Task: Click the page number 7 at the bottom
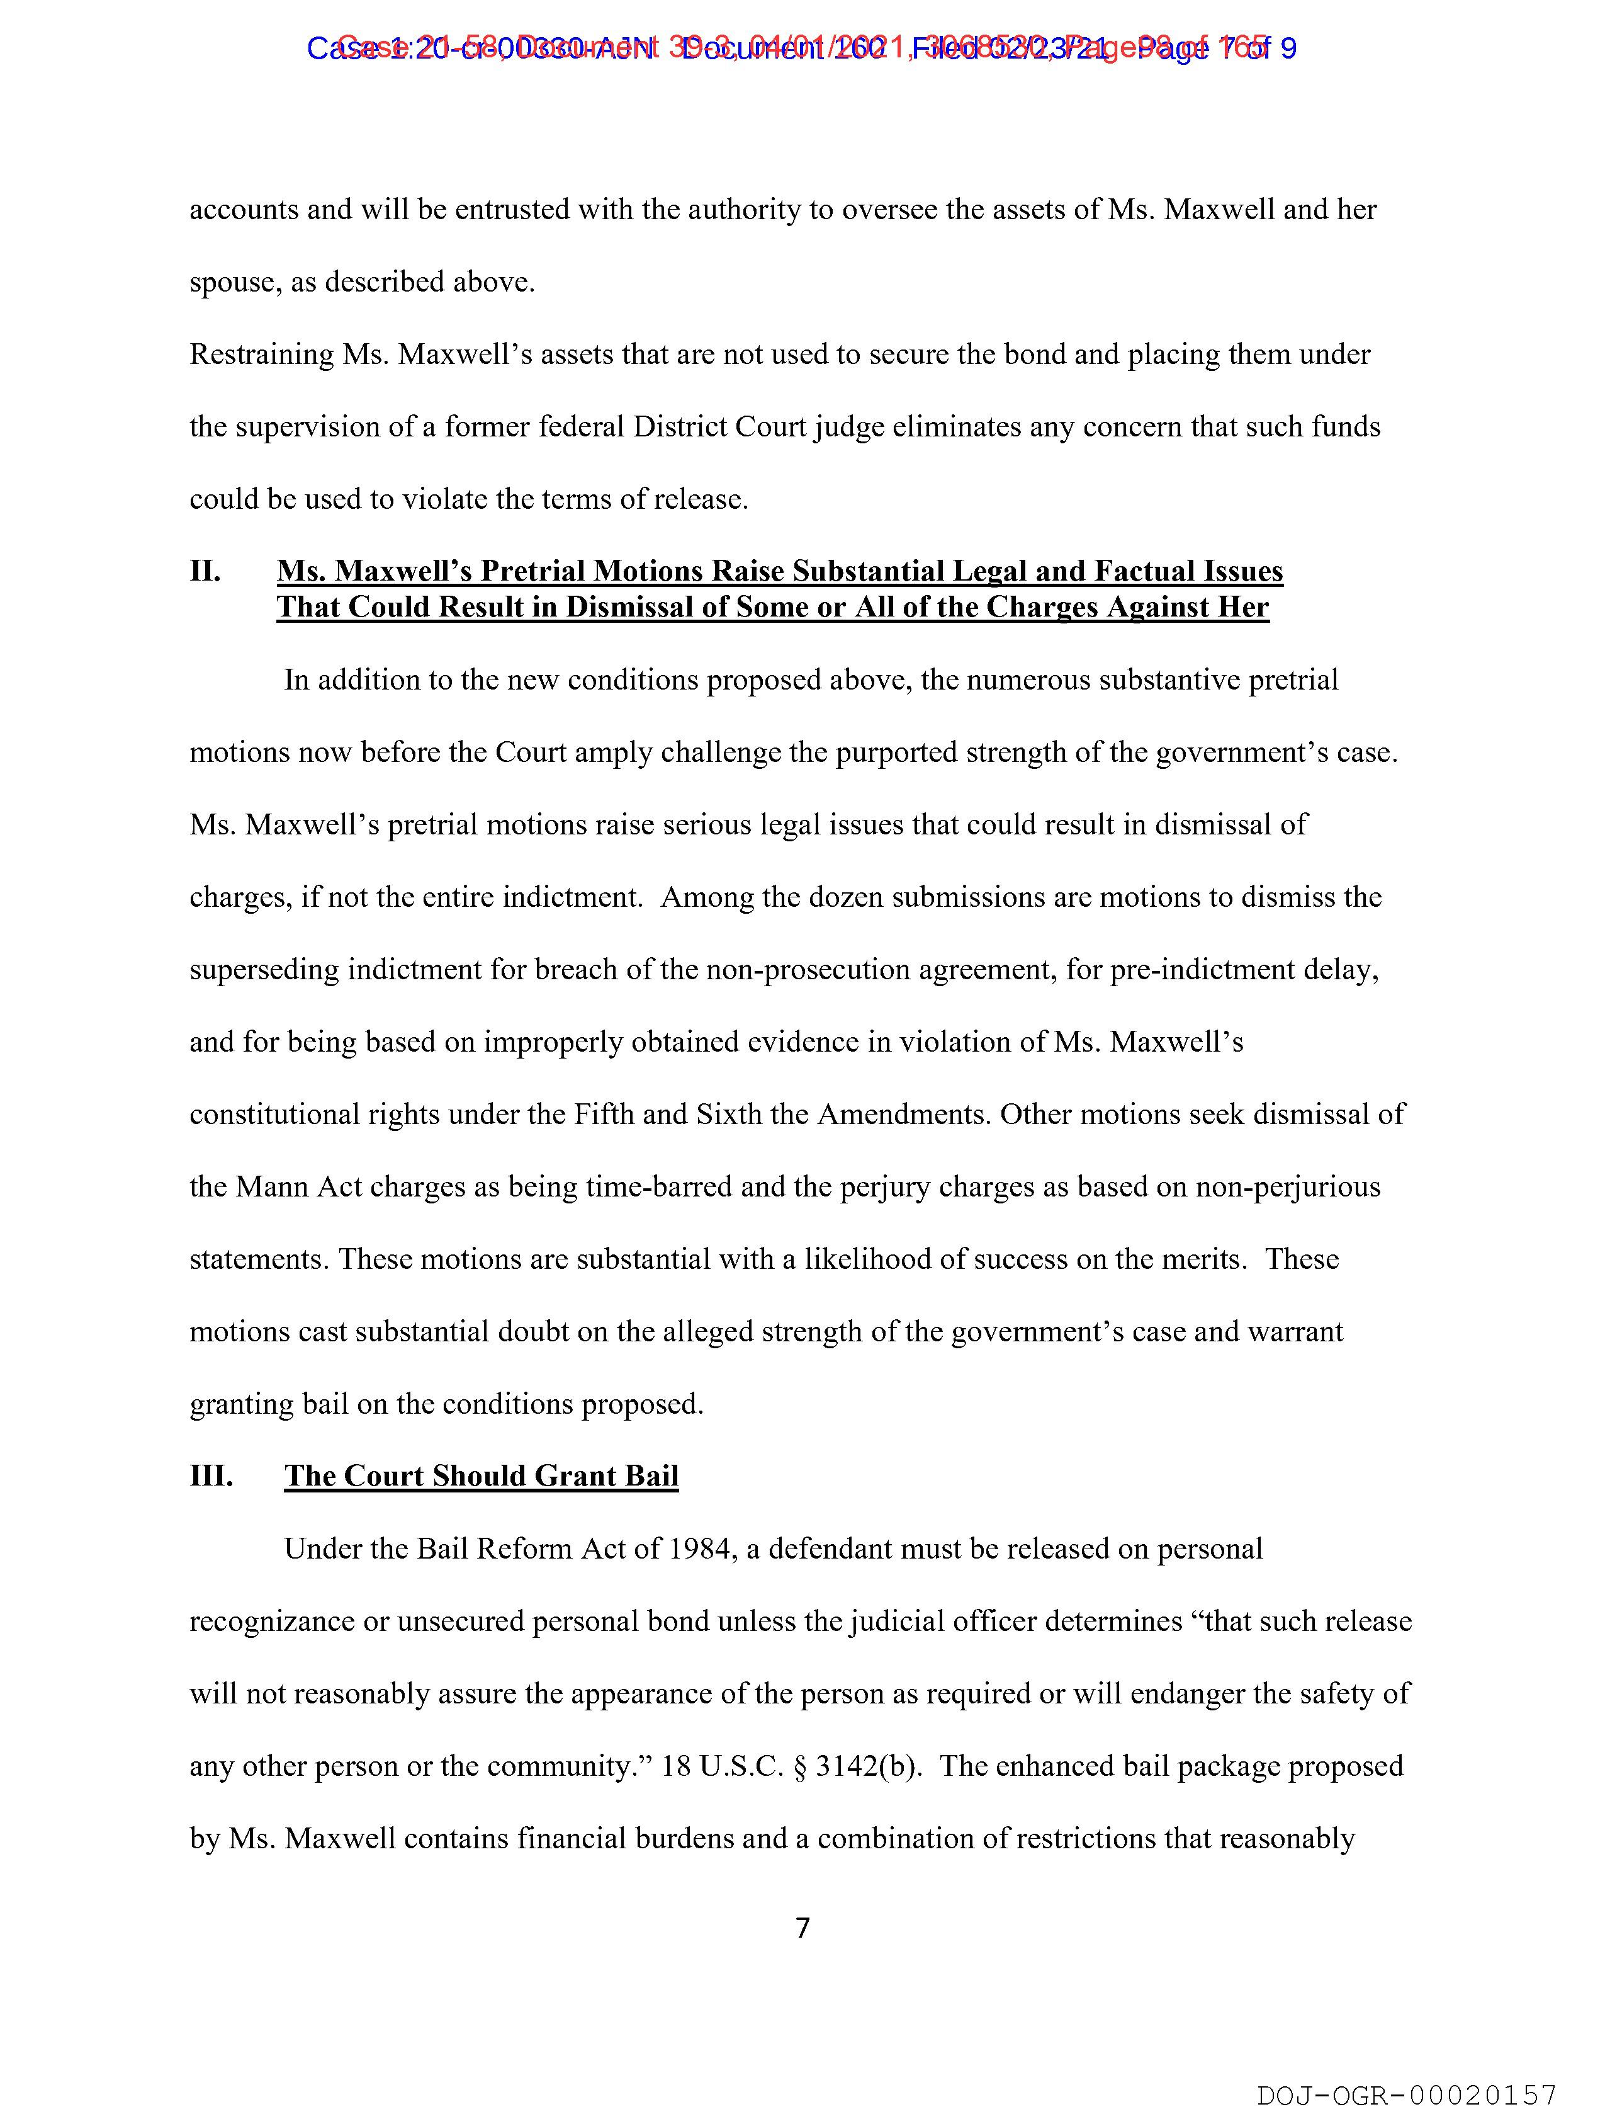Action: pyautogui.click(x=802, y=1928)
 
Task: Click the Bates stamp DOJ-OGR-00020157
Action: pyautogui.click(x=1406, y=2096)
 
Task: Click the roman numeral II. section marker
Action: pyautogui.click(x=205, y=572)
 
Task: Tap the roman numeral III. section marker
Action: pyautogui.click(x=211, y=1475)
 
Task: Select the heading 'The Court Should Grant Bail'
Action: pyautogui.click(x=481, y=1475)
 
